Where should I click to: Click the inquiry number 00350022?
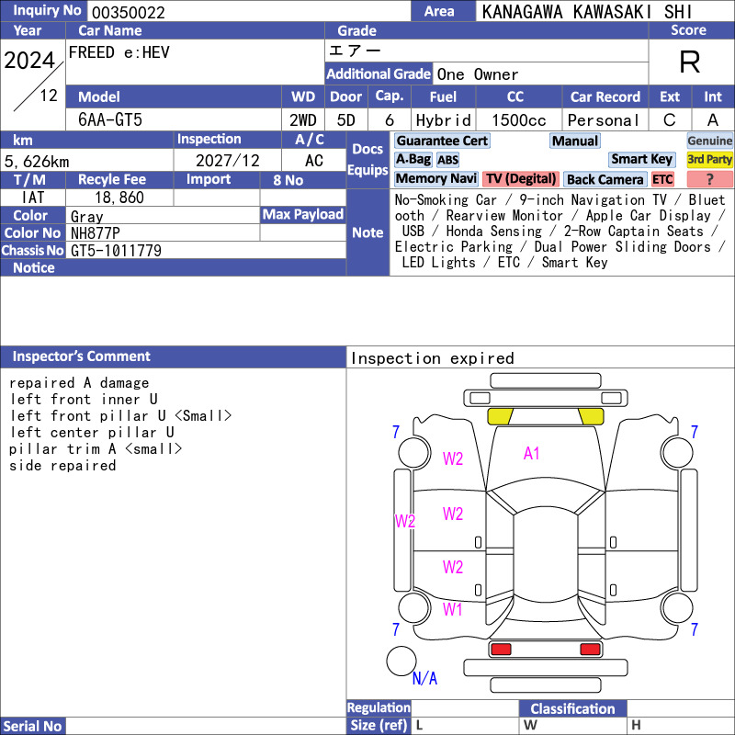tap(129, 12)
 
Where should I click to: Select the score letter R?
tap(690, 62)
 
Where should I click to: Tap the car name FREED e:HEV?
tap(119, 52)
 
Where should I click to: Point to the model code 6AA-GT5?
tap(110, 120)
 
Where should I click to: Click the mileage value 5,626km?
tap(37, 162)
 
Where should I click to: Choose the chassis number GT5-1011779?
tap(116, 251)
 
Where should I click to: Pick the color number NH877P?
tap(96, 233)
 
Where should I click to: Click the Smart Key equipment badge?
tap(641, 159)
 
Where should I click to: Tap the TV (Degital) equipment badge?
tap(521, 178)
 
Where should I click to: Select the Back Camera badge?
tap(605, 179)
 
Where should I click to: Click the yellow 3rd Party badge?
tap(709, 159)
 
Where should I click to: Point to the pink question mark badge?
tap(709, 179)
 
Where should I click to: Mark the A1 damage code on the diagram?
tap(532, 453)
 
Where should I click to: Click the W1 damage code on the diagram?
tap(452, 609)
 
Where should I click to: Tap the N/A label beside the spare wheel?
tap(424, 678)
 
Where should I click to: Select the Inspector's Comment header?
tap(82, 356)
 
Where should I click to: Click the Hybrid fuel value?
tap(444, 120)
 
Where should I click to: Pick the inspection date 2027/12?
tap(227, 161)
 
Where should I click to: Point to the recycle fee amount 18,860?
tap(119, 198)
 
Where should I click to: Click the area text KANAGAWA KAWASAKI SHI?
tap(587, 12)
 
